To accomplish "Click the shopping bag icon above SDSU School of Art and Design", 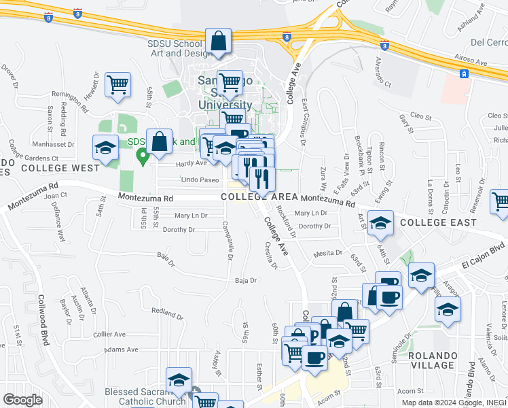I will pyautogui.click(x=218, y=42).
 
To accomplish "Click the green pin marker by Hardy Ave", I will pyautogui.click(x=143, y=157).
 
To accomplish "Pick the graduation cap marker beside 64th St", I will pyautogui.click(x=381, y=222).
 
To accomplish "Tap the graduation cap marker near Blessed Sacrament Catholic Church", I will pyautogui.click(x=179, y=380).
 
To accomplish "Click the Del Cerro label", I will pyautogui.click(x=488, y=42).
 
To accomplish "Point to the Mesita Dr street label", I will pyautogui.click(x=328, y=254).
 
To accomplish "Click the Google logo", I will pyautogui.click(x=23, y=399).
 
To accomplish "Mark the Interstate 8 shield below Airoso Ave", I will pyautogui.click(x=464, y=73).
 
